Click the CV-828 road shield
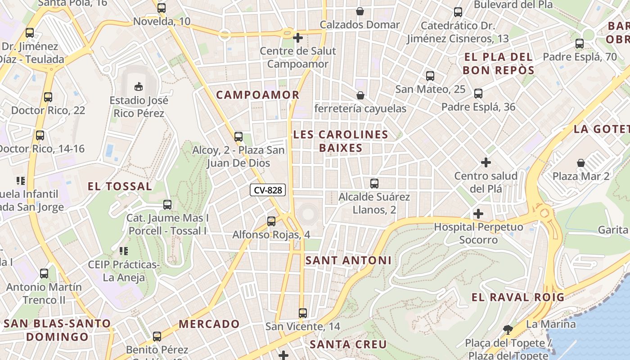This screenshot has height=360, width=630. tap(268, 190)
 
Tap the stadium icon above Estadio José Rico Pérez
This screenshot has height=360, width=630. tap(138, 86)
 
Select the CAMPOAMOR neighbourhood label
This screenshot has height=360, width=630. tap(257, 95)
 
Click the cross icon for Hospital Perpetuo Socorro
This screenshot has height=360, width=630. tap(478, 214)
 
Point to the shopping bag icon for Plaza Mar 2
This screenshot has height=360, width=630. tap(581, 162)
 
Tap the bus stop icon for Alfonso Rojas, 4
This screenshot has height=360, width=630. tap(271, 221)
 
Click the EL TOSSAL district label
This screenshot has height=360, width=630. tap(120, 186)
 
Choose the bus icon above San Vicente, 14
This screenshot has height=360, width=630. tap(303, 313)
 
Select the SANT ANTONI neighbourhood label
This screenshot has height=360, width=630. tap(348, 261)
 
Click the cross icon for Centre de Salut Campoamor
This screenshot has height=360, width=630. tap(297, 38)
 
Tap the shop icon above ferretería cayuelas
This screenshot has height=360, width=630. tap(360, 95)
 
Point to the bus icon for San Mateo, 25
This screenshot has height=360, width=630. tap(430, 76)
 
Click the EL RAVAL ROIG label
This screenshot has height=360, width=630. tap(517, 297)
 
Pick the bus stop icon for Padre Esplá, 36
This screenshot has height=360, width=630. tap(478, 94)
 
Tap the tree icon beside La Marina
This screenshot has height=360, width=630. tap(508, 329)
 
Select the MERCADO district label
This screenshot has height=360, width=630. tap(209, 324)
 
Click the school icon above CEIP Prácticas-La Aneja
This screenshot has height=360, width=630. tap(124, 251)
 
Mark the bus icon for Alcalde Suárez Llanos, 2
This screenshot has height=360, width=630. tap(374, 184)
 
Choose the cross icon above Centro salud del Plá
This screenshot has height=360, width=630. tap(486, 162)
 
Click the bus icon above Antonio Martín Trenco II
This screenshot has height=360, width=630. tap(44, 273)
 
